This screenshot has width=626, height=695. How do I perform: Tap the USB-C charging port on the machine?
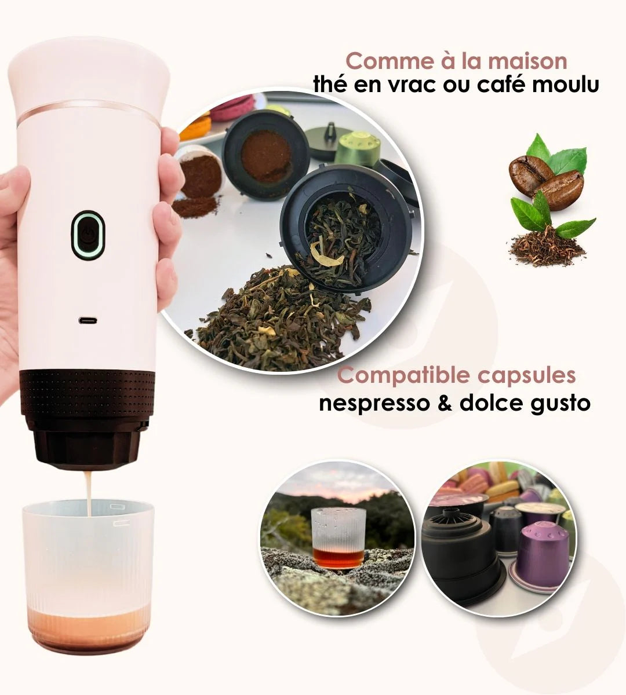[88, 320]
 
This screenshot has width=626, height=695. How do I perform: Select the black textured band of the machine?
[88, 391]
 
